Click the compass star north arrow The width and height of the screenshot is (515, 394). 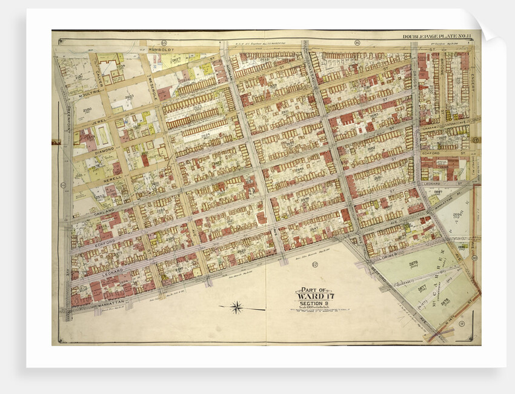tap(237, 307)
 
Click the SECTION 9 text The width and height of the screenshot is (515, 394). tap(314, 303)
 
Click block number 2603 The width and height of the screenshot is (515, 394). tap(129, 96)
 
